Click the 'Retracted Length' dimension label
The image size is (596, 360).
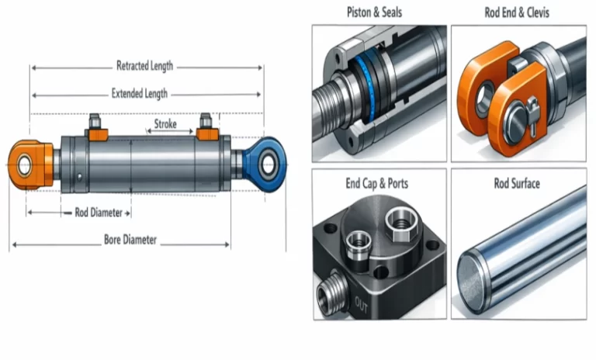point(144,66)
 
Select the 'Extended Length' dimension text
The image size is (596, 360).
point(140,94)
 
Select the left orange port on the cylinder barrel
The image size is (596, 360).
point(97,133)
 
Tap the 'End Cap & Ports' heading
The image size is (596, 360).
point(379,184)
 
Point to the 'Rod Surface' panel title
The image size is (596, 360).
point(517,184)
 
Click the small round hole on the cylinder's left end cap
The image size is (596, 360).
point(81,175)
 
